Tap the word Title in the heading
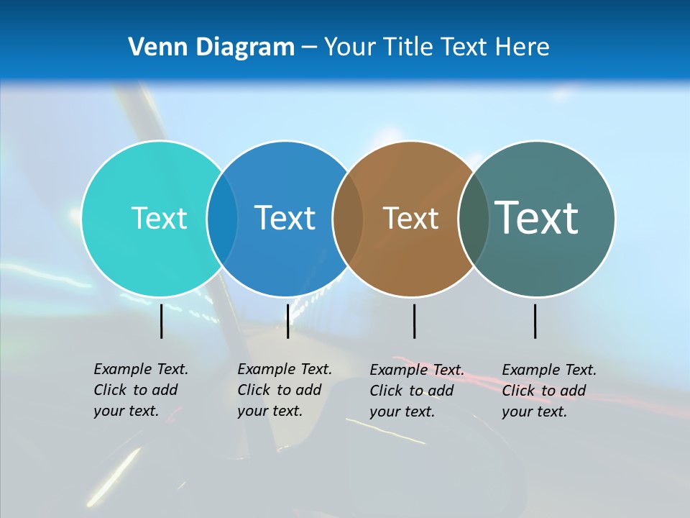407,47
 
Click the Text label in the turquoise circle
159,218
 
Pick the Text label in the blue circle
285,218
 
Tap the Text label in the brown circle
410,218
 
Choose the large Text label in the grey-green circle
537,217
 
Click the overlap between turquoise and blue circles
222,218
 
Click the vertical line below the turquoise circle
162,321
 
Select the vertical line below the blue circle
287,321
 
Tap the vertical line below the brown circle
414,321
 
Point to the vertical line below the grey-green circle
535,321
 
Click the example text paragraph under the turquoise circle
140,390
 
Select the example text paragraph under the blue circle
284,390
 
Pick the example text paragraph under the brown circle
416,391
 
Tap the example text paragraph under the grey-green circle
548,391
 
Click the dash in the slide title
309,47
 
